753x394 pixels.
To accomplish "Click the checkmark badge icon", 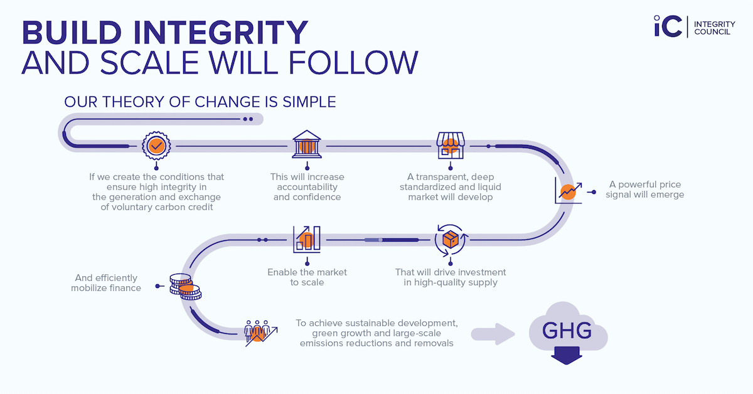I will (x=156, y=146).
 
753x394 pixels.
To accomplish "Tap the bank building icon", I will (x=307, y=146).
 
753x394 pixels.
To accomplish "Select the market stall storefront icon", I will (x=450, y=146).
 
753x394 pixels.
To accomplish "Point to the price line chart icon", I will (x=568, y=190).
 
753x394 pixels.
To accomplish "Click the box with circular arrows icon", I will (x=451, y=240).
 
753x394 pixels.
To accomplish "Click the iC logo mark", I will (x=668, y=26).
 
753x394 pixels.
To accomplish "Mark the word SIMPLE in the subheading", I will (x=304, y=102).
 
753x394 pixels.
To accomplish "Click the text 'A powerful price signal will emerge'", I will (x=646, y=189).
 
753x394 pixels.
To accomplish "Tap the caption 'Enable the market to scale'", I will (x=307, y=277).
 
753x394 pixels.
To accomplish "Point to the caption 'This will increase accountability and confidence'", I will (x=307, y=187).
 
